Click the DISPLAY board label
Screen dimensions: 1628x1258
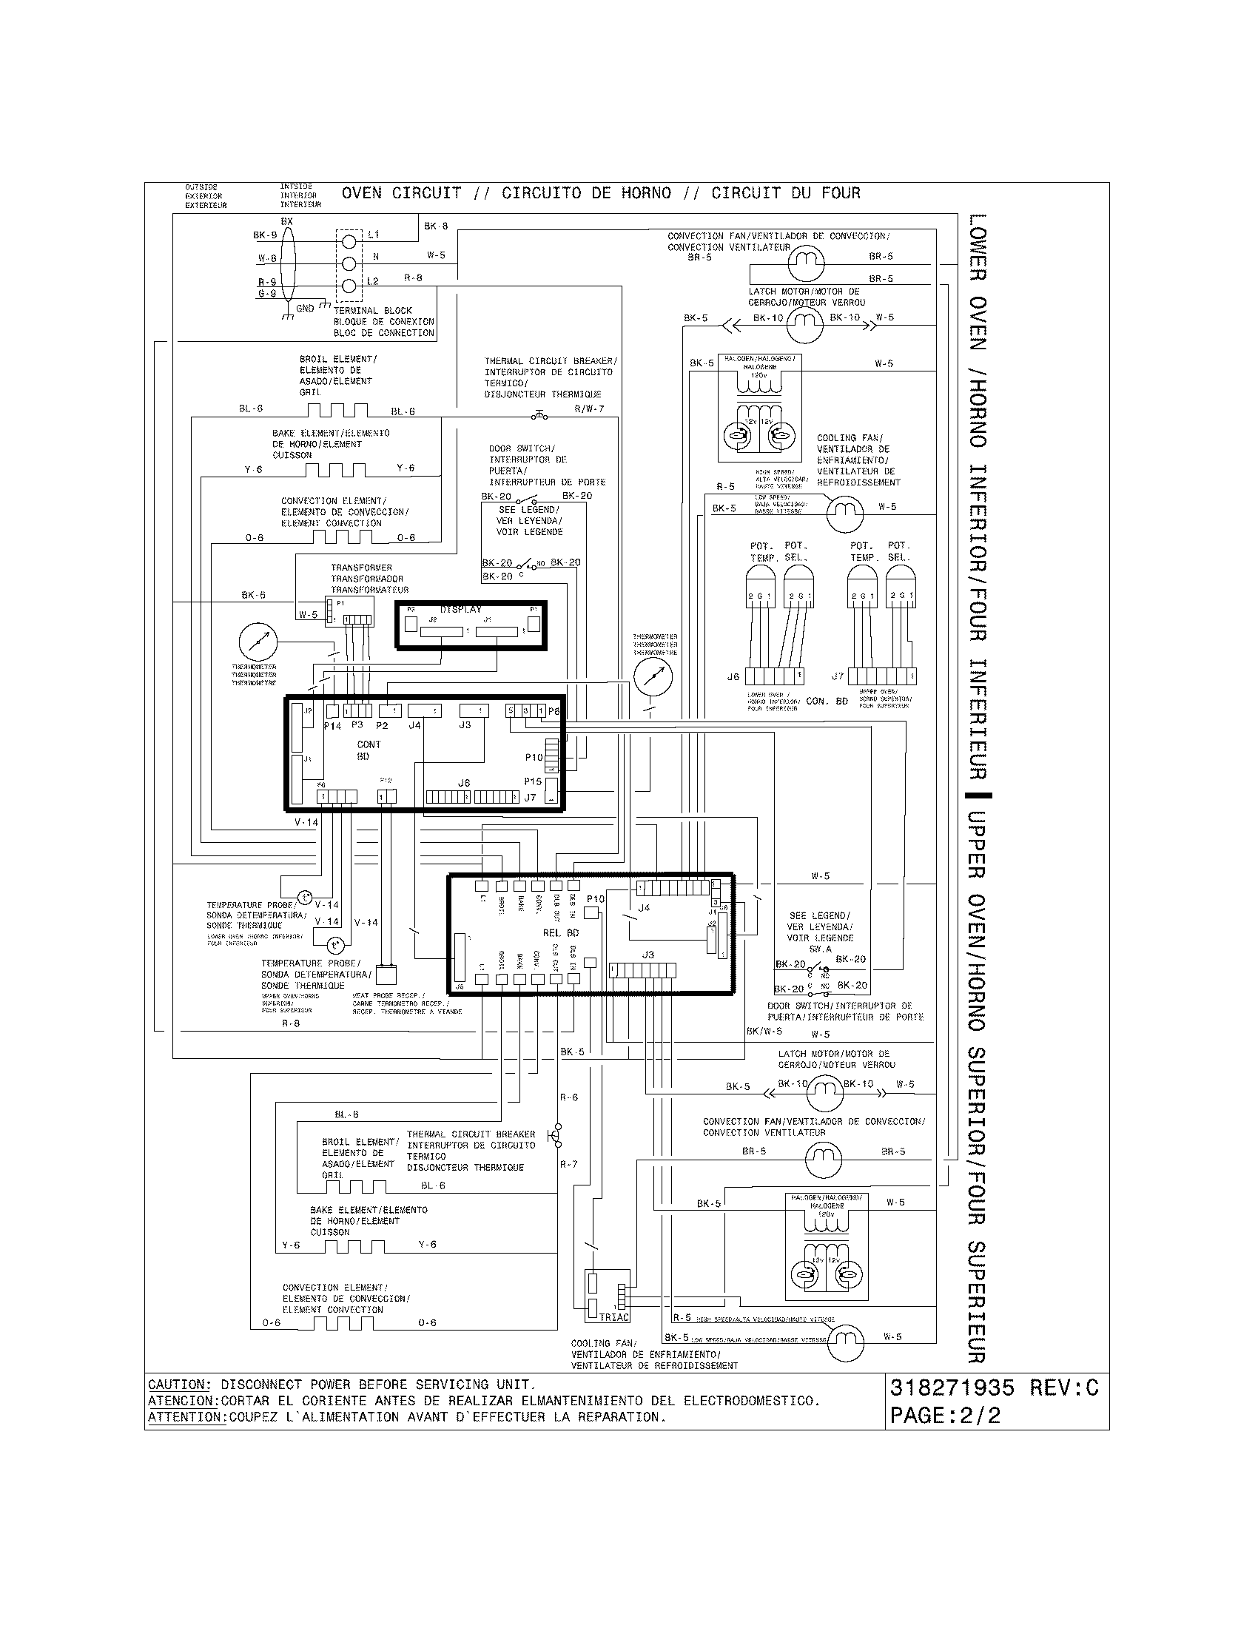460,609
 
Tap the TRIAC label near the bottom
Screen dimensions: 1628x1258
614,1317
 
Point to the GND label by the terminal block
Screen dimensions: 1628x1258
305,308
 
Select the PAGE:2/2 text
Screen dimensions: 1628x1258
945,1416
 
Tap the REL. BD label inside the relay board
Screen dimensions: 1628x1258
560,932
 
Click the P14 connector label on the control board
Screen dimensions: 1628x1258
332,725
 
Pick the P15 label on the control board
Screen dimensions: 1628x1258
532,782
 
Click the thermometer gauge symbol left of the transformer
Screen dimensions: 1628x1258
258,641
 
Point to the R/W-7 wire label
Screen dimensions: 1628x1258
589,408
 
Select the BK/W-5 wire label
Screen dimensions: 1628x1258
764,1031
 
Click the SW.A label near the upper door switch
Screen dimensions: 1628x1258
820,949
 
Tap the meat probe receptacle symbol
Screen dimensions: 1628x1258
386,975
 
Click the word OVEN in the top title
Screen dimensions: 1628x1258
361,193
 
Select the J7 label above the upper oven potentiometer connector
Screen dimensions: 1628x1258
838,677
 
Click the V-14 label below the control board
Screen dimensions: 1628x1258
306,822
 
